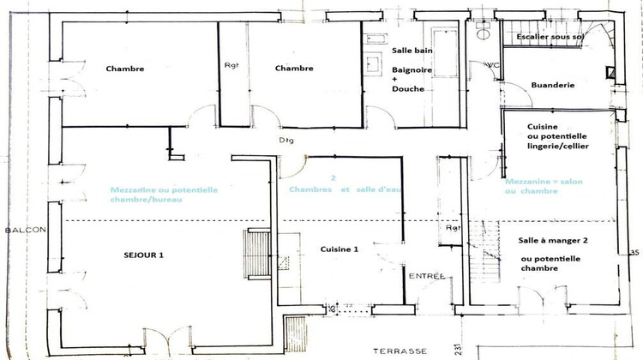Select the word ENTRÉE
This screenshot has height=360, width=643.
pyautogui.click(x=426, y=276)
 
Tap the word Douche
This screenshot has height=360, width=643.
pyautogui.click(x=406, y=88)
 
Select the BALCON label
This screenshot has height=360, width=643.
pyautogui.click(x=19, y=231)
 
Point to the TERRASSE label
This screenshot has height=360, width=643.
pyautogui.click(x=395, y=351)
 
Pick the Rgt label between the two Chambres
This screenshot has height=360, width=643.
pyautogui.click(x=231, y=66)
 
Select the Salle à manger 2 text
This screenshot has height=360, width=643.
pyautogui.click(x=556, y=242)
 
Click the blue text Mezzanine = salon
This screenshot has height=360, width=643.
pyautogui.click(x=543, y=182)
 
